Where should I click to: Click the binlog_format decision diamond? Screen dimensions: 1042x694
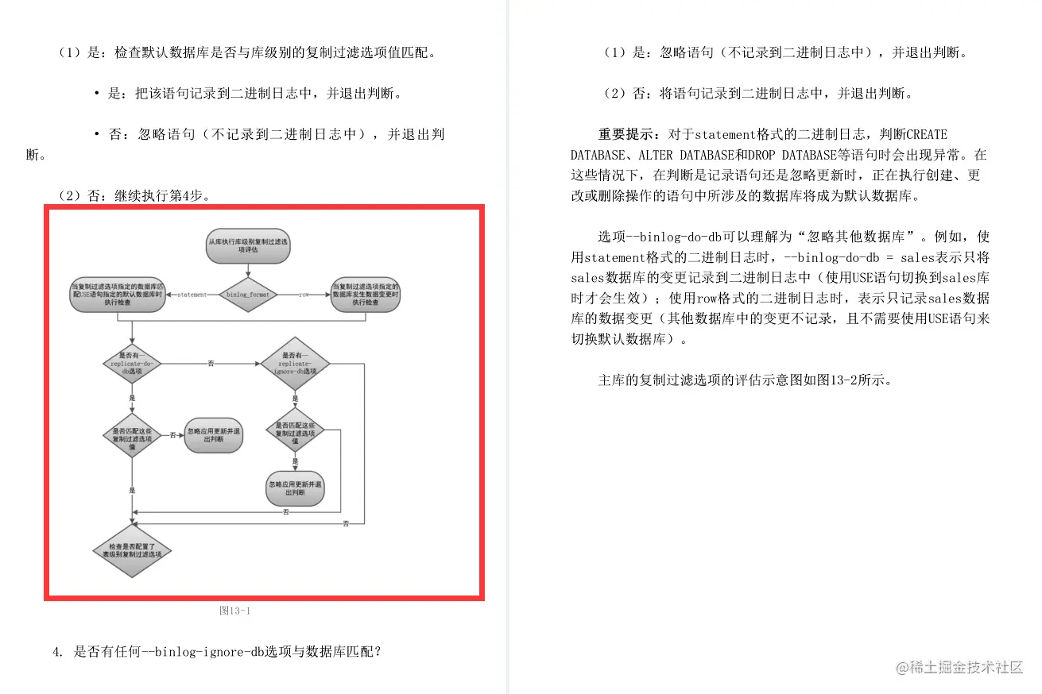(248, 295)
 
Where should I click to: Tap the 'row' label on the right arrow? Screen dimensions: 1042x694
(303, 295)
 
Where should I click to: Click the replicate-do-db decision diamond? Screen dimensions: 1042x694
(132, 364)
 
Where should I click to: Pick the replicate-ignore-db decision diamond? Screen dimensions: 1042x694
(294, 364)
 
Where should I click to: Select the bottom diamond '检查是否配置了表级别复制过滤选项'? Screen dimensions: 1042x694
(132, 550)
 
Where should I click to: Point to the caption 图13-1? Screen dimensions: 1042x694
(235, 611)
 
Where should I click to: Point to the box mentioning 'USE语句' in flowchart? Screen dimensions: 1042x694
(118, 295)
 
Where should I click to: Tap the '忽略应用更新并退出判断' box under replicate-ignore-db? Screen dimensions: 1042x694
(295, 488)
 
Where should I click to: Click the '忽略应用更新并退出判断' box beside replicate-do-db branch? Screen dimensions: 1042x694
(213, 435)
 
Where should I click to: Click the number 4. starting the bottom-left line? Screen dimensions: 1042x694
(57, 652)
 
